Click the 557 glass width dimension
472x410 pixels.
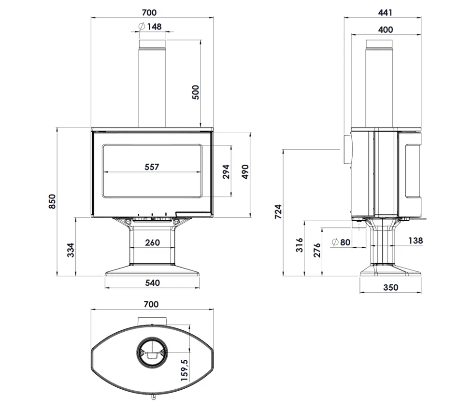pos(152,167)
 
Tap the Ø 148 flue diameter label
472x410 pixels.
pos(150,27)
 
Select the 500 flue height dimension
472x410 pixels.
pos(196,92)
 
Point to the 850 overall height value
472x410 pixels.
pos(52,201)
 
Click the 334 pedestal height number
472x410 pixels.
pos(71,250)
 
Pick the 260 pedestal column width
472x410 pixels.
pos(152,242)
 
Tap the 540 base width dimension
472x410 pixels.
pos(153,283)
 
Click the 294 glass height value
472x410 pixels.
pos(226,172)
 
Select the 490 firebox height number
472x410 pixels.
pos(245,172)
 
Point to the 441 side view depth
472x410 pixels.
pos(386,13)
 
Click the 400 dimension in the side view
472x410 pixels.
pos(386,30)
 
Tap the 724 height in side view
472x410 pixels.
pos(278,212)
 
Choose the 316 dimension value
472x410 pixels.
pos(300,245)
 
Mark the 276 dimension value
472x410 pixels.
pos(317,250)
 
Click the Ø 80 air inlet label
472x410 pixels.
pos(341,242)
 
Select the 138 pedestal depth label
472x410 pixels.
pos(415,240)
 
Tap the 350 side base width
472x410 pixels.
pos(391,287)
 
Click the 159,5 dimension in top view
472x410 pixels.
pos(184,370)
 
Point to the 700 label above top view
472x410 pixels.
pos(151,304)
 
